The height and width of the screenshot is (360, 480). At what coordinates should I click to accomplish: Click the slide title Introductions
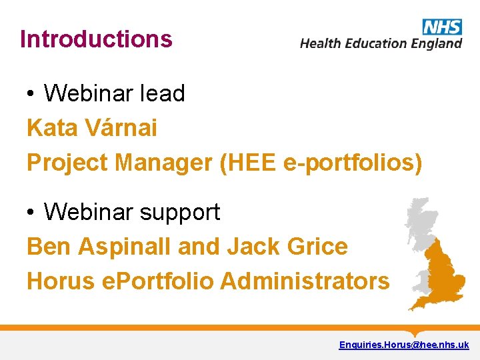coord(96,39)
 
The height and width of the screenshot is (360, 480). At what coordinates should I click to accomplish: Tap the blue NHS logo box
coord(442,27)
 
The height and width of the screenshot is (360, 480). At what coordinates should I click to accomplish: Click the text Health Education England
coord(381,44)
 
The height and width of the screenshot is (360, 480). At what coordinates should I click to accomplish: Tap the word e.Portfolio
coord(157,281)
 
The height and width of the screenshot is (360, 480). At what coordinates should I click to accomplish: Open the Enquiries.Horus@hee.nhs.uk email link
coord(404,345)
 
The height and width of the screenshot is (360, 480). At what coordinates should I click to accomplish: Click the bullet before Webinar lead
coord(31,95)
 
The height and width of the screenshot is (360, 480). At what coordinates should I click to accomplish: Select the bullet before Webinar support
coord(31,213)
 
